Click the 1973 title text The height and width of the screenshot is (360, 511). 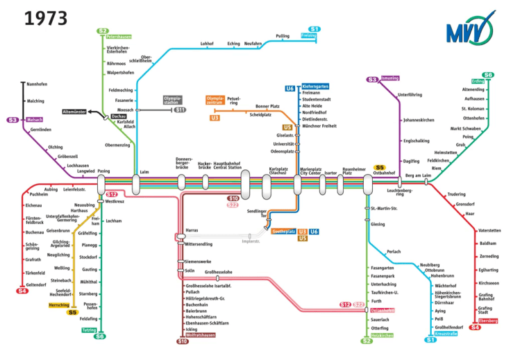click(x=47, y=18)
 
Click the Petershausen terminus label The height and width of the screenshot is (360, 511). click(x=119, y=36)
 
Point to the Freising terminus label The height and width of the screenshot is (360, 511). click(x=309, y=35)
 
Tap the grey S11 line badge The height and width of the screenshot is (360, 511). click(x=180, y=110)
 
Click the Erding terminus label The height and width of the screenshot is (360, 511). click(x=478, y=81)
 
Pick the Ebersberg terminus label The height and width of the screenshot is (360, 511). click(x=489, y=320)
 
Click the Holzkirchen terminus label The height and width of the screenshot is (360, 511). click(x=383, y=335)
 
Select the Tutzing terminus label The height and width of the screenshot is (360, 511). click(x=90, y=330)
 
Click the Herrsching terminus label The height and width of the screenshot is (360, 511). click(x=59, y=305)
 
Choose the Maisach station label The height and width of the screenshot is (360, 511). click(x=35, y=120)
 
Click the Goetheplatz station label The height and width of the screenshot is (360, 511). click(x=283, y=232)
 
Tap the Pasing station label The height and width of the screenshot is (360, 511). click(x=103, y=171)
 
